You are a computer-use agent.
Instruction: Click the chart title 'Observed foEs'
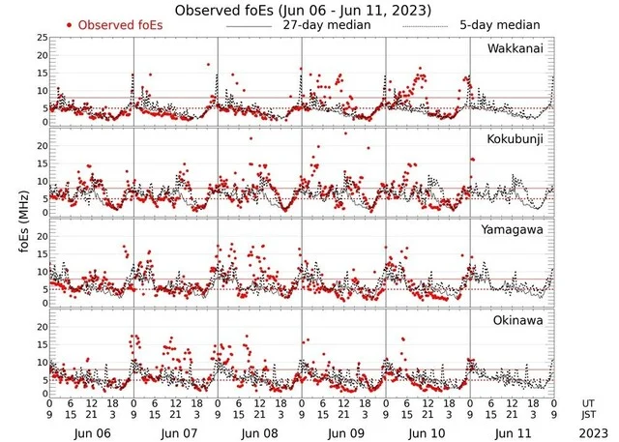click(x=303, y=10)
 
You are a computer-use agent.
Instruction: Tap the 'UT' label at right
click(x=589, y=402)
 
